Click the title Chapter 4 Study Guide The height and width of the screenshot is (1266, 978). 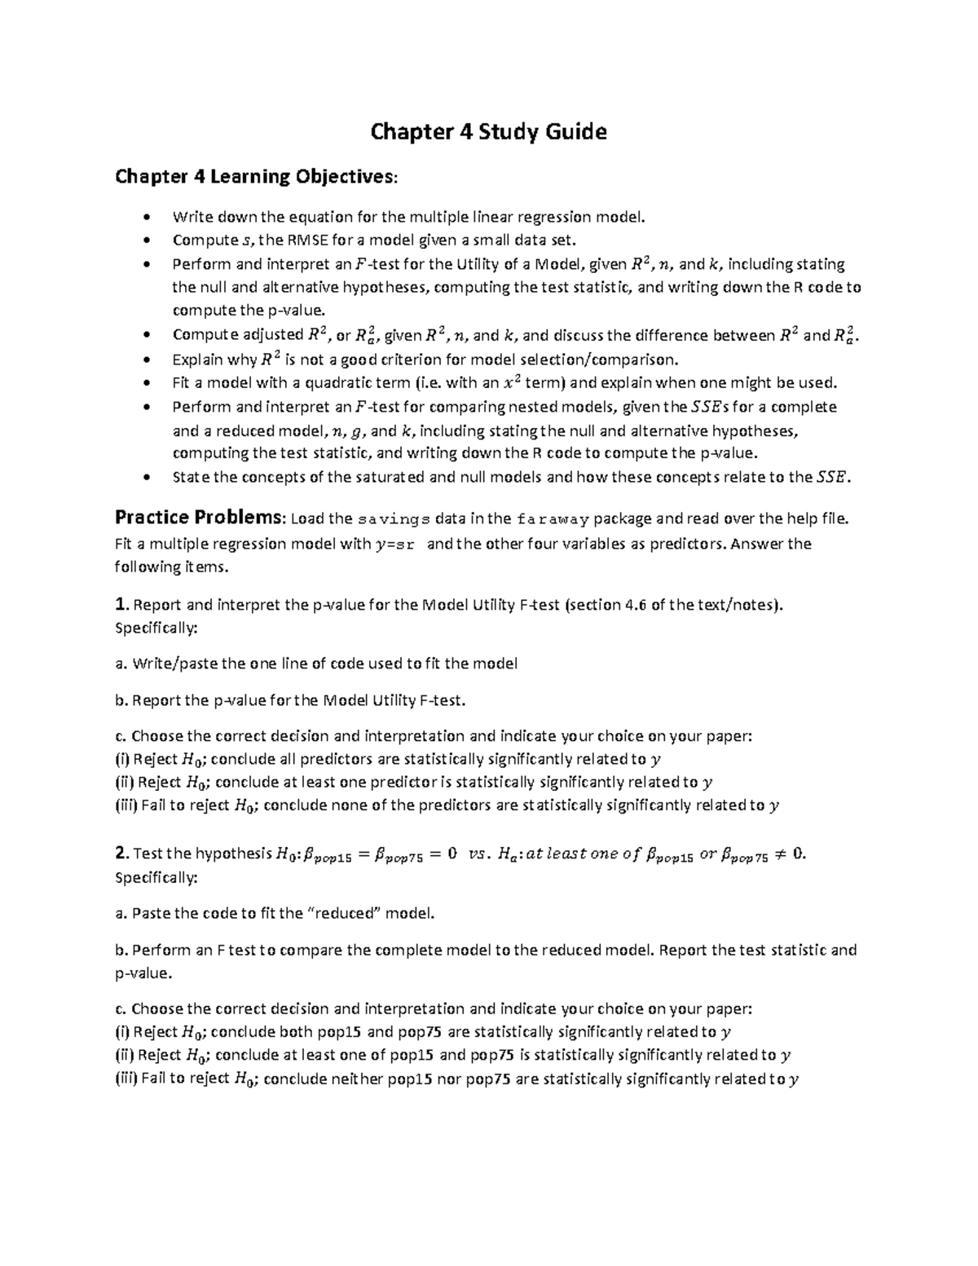[488, 131]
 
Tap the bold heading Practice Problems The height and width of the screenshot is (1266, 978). [200, 518]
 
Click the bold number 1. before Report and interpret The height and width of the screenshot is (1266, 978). [121, 605]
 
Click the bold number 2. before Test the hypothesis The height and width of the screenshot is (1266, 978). [121, 854]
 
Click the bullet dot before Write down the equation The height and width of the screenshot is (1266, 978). [146, 217]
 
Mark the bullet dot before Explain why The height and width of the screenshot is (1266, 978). [146, 360]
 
